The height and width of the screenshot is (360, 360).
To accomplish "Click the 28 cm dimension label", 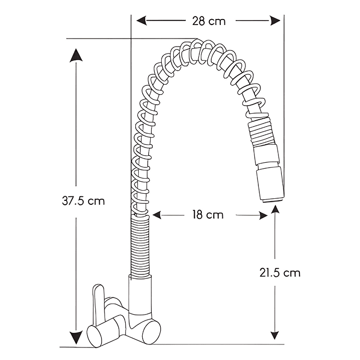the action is pos(209,22).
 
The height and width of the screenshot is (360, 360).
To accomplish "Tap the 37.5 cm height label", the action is pos(83,201).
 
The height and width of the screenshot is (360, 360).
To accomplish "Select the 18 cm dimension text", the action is pos(208,215).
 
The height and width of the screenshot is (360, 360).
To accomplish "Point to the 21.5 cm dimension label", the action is pos(280,273).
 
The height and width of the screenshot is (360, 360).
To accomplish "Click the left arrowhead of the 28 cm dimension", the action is pos(142,21).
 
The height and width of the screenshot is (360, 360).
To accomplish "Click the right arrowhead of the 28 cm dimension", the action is pos(275,21).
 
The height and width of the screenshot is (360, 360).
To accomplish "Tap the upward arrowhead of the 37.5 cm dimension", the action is pos(76,55).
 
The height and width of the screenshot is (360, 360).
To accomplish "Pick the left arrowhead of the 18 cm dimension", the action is pos(157,215).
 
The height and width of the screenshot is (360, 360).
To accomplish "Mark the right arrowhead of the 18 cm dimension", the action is pos(263,215).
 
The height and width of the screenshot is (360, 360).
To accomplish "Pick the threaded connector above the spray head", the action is pos(261,134).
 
